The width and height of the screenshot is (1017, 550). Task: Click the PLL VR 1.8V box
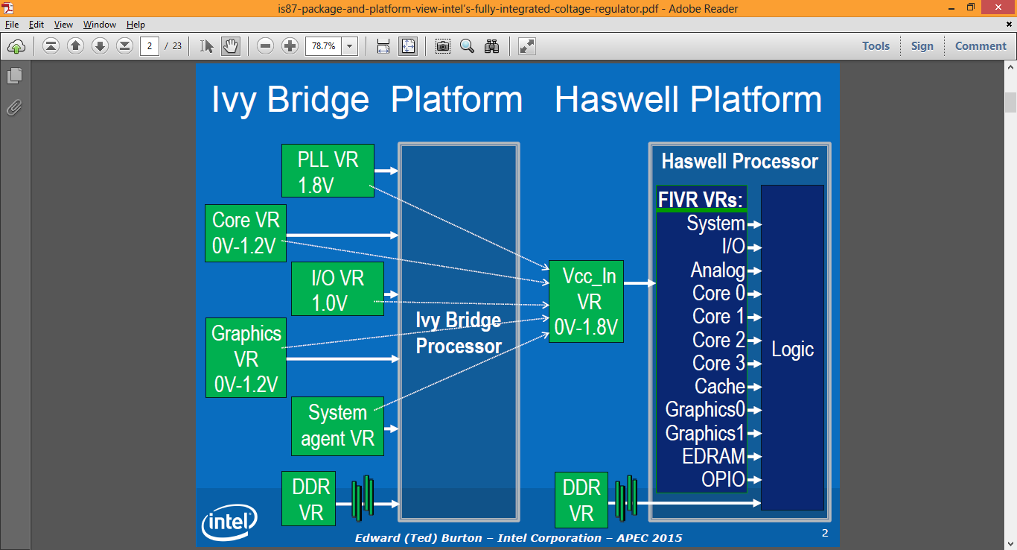tap(328, 171)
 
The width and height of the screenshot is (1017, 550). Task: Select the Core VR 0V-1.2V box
tap(245, 233)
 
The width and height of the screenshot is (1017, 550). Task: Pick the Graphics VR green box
tap(246, 358)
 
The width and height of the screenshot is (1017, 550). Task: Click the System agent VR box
tap(337, 426)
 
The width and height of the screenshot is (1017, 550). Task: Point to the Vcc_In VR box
tap(586, 302)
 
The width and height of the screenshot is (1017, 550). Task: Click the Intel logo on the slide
tap(229, 522)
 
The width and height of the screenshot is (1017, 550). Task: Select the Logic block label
tap(792, 349)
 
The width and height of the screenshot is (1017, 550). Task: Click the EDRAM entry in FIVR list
tap(713, 456)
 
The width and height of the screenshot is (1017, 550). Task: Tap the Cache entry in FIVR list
tap(719, 386)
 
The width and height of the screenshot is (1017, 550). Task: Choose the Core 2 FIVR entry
tap(718, 340)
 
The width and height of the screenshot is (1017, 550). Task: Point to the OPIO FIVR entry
tap(722, 479)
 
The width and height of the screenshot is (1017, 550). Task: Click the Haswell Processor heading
tap(739, 162)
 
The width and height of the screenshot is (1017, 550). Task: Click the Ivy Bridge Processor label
tap(459, 333)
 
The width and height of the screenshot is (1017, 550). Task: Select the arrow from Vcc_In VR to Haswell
tap(640, 283)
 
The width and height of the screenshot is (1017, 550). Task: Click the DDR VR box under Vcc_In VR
tap(581, 499)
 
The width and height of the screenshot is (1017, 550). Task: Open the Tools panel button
tap(876, 45)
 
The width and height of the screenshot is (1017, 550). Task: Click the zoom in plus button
tap(290, 46)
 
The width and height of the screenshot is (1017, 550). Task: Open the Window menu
tap(99, 25)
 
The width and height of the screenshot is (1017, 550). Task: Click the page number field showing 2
tap(150, 46)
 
